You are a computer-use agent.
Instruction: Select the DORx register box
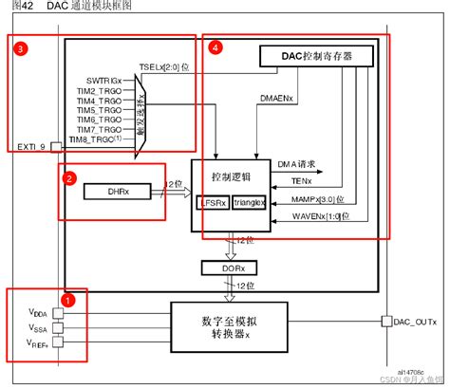[230, 268]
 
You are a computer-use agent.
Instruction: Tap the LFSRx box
[211, 202]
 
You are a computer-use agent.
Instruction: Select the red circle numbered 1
[68, 298]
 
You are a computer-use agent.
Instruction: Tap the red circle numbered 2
[68, 176]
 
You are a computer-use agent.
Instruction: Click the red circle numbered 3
[19, 46]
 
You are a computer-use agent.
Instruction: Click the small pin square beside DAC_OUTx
[385, 321]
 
